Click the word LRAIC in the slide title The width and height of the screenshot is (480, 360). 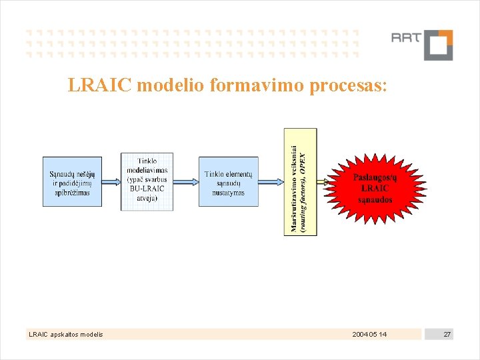coord(93,85)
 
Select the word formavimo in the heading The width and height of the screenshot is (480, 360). coord(244,85)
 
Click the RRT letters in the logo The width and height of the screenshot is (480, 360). coord(406,38)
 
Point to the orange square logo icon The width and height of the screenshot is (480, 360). coord(438,45)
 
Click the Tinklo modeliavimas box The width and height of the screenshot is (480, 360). coord(147,181)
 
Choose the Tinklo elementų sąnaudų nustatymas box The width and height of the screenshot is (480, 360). coord(228,182)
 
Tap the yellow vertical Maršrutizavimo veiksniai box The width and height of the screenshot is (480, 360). coord(301,181)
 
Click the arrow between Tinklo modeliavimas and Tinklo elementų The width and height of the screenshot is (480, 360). coord(186,181)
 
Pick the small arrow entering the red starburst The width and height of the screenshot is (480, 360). coord(325,181)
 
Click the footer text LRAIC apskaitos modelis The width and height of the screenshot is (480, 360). coord(65,334)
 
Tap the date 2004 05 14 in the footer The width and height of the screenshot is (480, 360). coord(369,334)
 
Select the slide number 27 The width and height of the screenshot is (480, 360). coord(447,334)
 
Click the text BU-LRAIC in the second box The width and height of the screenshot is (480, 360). coord(147,189)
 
